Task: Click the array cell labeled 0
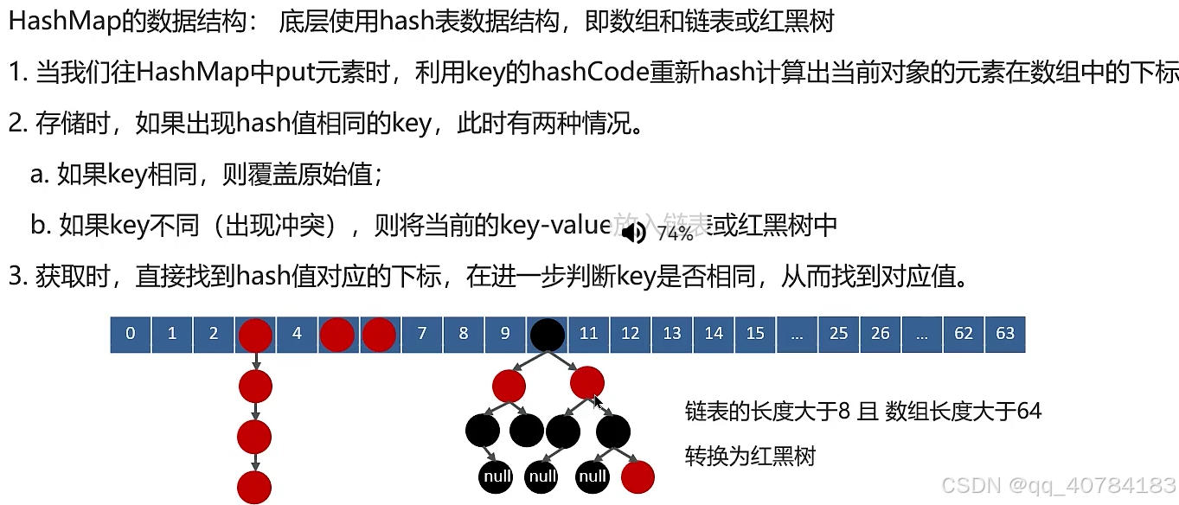(x=131, y=334)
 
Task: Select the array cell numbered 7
(x=422, y=334)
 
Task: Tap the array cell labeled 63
(x=1005, y=334)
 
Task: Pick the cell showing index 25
(x=838, y=334)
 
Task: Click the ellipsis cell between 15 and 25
(x=797, y=334)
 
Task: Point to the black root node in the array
(x=547, y=335)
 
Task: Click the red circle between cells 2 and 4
(x=255, y=335)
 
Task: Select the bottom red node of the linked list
(x=255, y=487)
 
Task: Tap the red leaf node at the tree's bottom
(x=638, y=476)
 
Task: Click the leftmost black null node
(x=496, y=476)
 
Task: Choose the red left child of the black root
(x=509, y=385)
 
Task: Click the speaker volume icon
(x=633, y=233)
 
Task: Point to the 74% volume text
(x=675, y=233)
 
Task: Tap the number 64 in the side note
(x=1028, y=412)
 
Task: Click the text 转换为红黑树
(x=749, y=456)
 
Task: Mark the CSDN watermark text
(x=1058, y=486)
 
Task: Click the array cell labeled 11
(x=588, y=334)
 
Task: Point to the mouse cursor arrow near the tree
(x=596, y=400)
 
